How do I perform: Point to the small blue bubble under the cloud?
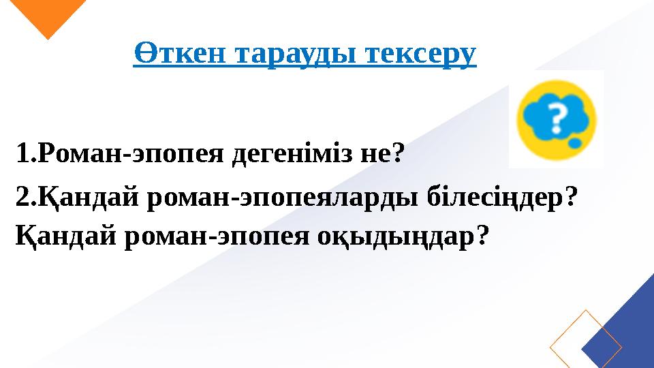point(575,144)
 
